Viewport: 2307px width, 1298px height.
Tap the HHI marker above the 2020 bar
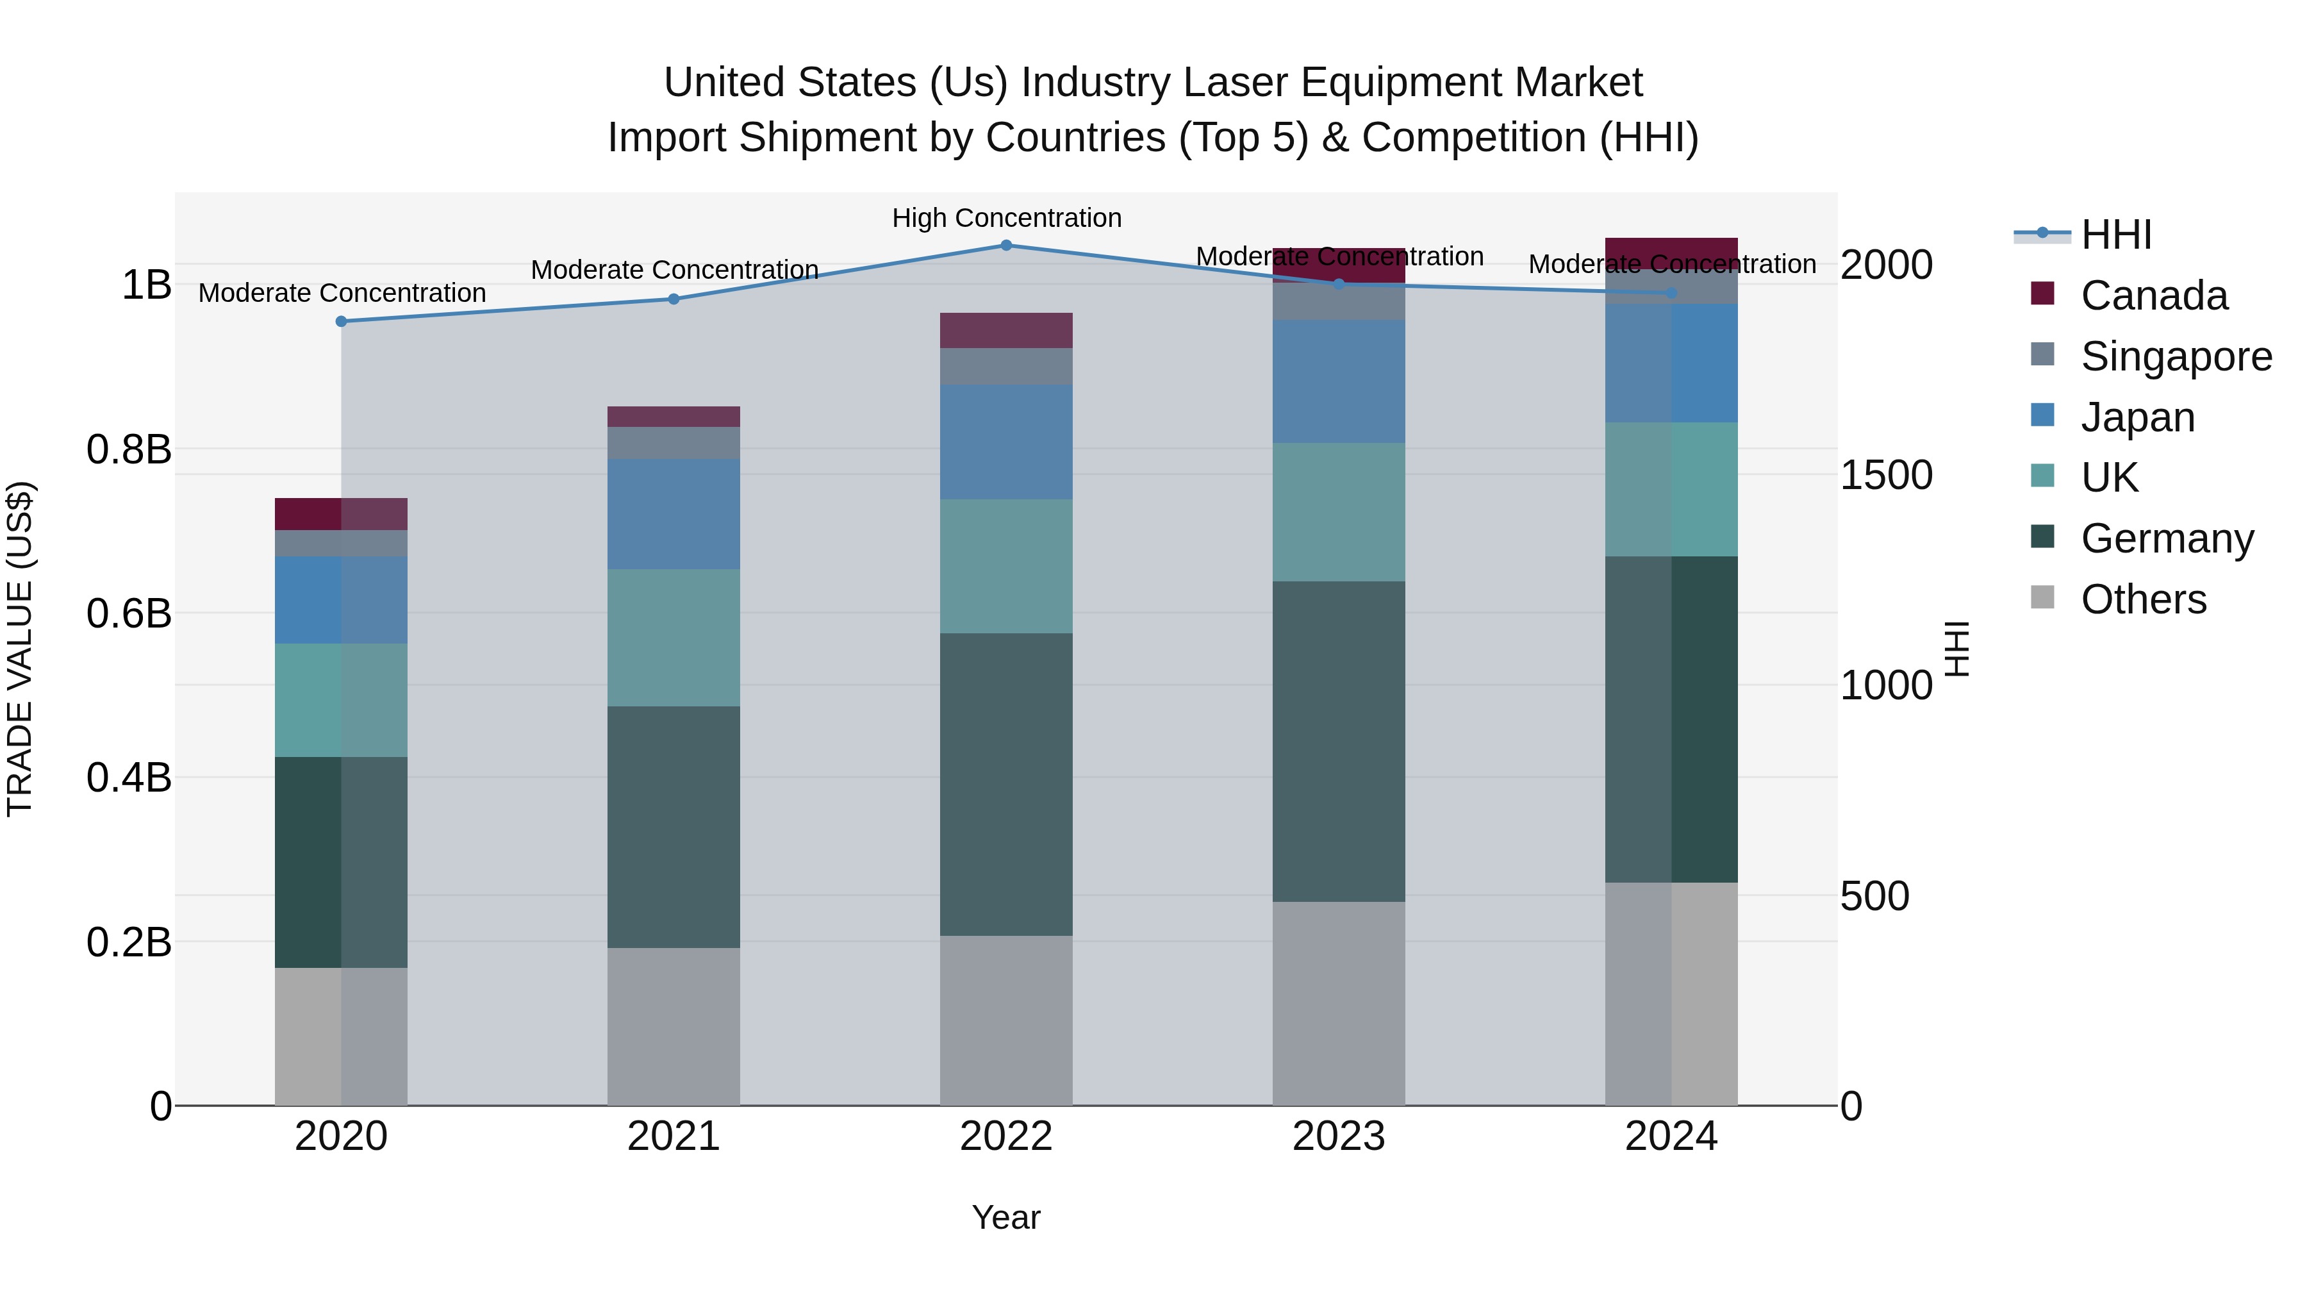click(341, 322)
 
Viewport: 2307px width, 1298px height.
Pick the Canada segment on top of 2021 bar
click(674, 417)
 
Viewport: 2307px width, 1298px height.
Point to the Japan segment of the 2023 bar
click(1338, 381)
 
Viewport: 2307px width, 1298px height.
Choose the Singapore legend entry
click(2176, 356)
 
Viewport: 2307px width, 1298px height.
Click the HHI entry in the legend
click(2115, 235)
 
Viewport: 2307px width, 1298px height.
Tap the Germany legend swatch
click(2043, 538)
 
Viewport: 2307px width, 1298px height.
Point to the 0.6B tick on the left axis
click(129, 613)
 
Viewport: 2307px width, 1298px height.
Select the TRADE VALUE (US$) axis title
click(20, 649)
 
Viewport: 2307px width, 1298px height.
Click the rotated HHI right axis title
click(1958, 649)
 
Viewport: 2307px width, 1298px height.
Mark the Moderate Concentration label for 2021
click(674, 270)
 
